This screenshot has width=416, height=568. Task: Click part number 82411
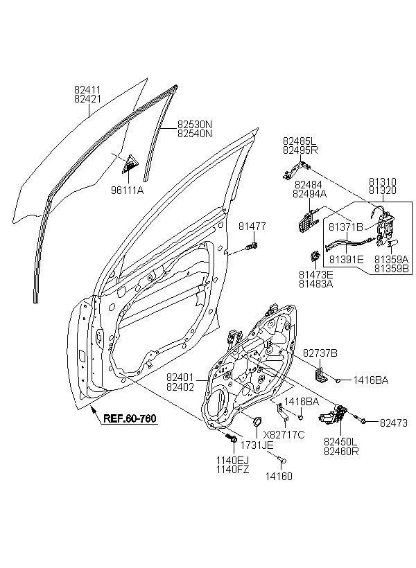pyautogui.click(x=87, y=89)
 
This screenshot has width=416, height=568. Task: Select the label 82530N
pyautogui.click(x=194, y=125)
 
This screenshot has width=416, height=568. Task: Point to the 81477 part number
pyautogui.click(x=252, y=226)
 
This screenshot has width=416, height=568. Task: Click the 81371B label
pyautogui.click(x=346, y=227)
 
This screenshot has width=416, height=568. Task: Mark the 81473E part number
pyautogui.click(x=315, y=274)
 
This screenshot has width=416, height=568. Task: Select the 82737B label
pyautogui.click(x=320, y=353)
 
